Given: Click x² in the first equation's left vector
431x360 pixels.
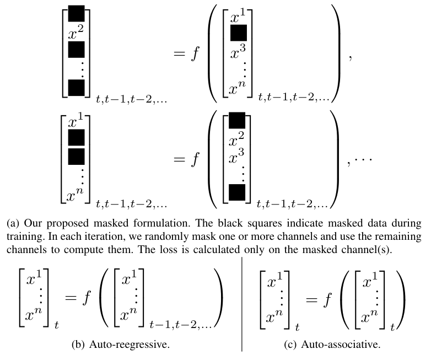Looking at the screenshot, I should [76, 34].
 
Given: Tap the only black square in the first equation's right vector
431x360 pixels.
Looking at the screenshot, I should [239, 34].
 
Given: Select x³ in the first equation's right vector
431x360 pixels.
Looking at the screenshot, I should [239, 55].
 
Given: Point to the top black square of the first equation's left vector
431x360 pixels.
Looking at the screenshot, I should [76, 13].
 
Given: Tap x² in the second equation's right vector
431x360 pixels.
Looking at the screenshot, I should [237, 143].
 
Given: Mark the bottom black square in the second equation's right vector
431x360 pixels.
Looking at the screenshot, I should [236, 193].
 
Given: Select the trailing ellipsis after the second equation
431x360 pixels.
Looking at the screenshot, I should [365, 158].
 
